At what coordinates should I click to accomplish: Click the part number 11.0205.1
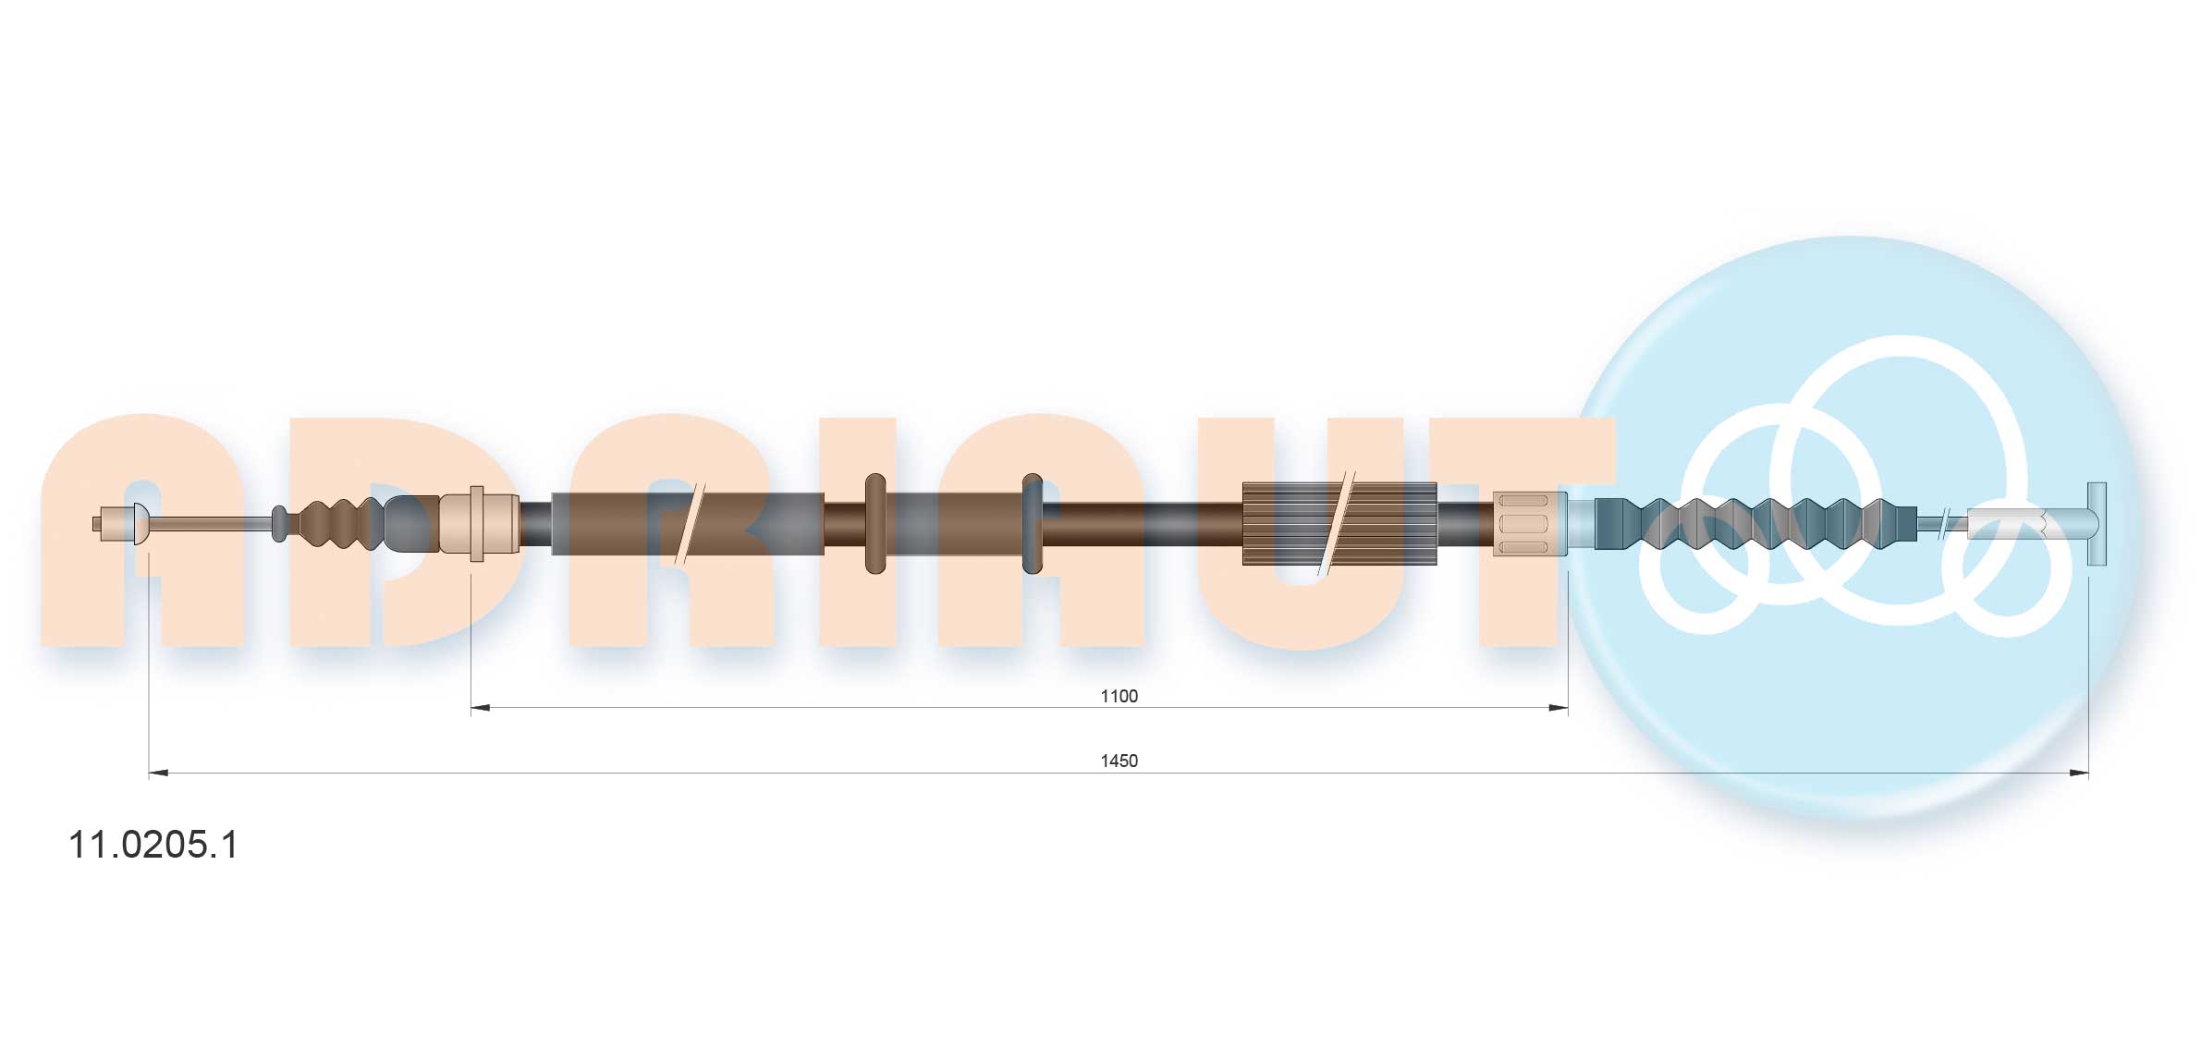click(153, 845)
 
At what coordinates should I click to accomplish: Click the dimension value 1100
click(1119, 696)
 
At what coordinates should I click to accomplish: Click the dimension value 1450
click(1119, 761)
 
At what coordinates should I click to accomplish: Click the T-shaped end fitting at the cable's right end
click(2097, 524)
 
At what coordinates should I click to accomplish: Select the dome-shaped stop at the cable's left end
click(140, 523)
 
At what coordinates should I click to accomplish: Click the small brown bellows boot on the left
click(337, 524)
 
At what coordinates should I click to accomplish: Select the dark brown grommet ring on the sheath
click(874, 524)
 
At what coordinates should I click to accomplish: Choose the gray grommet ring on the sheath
click(1033, 524)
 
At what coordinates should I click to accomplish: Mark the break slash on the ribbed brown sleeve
click(1336, 524)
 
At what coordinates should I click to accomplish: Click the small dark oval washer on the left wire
click(278, 524)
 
